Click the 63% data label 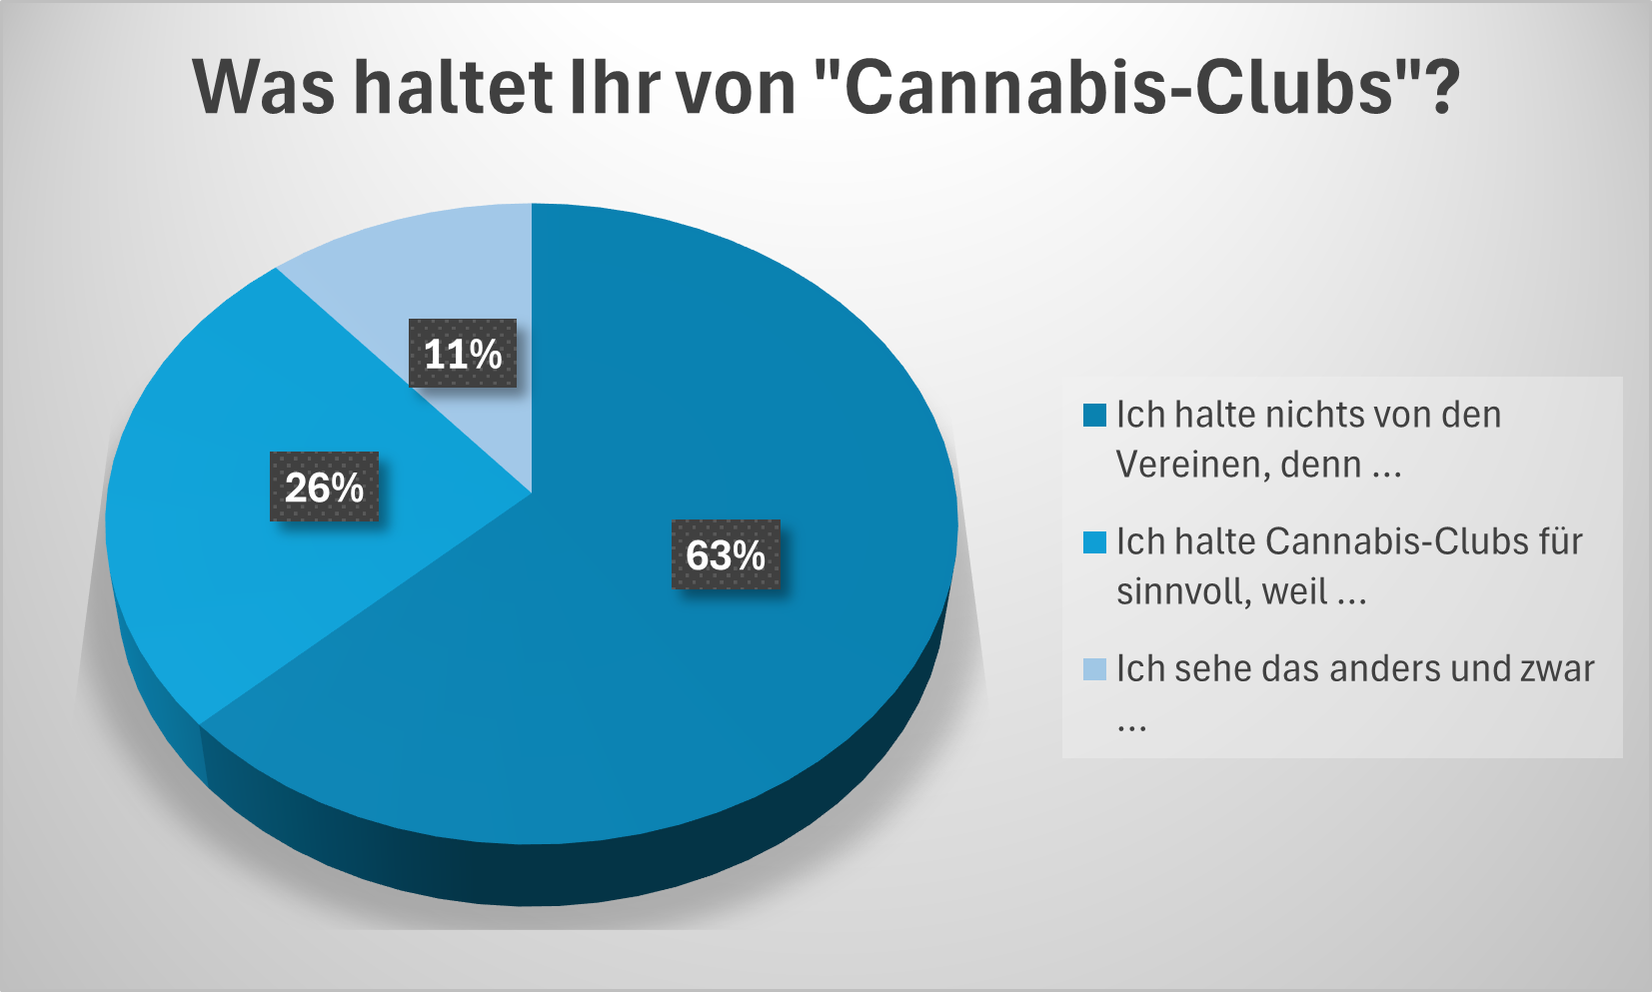click(726, 554)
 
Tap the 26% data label click(325, 487)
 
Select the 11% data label click(463, 354)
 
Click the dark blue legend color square click(1094, 415)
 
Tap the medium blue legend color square click(1094, 541)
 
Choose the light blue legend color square click(1094, 668)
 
